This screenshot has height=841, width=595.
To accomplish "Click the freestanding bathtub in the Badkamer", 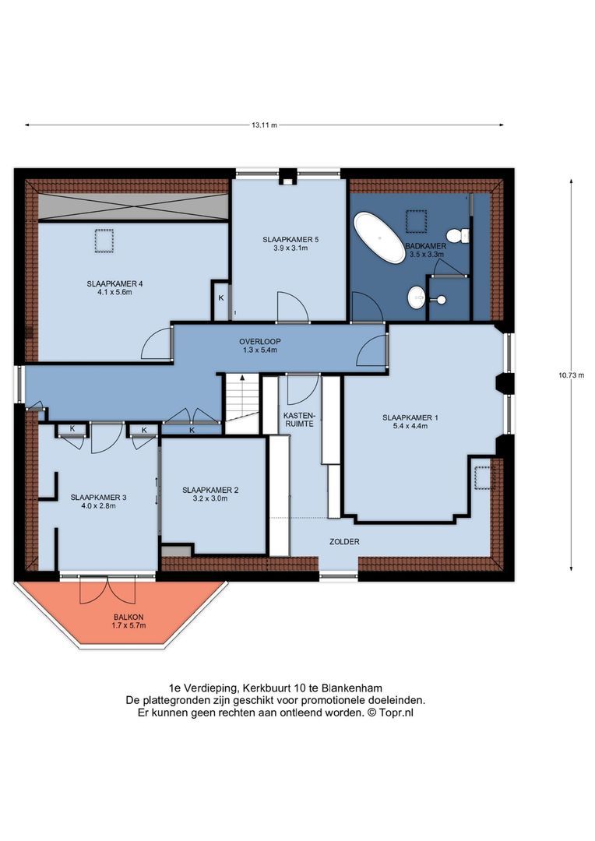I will point(378,237).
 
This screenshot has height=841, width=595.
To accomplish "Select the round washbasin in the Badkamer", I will point(417,297).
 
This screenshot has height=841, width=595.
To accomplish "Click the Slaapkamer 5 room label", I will point(290,239).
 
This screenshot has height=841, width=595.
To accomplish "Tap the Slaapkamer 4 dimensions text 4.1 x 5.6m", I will point(114,294).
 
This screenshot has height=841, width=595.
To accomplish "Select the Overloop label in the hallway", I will point(259,341).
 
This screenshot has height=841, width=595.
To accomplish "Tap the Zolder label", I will point(344,541).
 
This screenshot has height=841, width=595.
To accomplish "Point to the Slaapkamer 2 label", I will point(210,490).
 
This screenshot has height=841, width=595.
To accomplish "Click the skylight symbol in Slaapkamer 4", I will point(104,241).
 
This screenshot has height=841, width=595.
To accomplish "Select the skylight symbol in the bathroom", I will point(417,220).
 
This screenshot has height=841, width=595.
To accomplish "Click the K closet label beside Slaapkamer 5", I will point(220,298).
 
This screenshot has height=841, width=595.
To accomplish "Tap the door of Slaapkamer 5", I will point(294,307).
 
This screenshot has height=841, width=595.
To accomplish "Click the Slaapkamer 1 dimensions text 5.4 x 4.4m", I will point(410,428).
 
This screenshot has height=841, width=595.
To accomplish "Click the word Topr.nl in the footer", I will point(396,712).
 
